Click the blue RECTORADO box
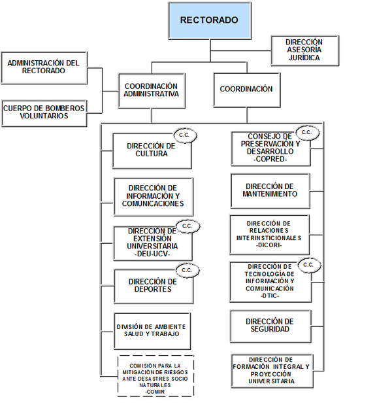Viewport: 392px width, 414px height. coord(210,20)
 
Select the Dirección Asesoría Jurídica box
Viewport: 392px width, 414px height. coord(305,50)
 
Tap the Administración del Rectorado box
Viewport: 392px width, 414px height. coord(44,68)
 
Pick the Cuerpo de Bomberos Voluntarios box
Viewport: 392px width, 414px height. coord(44,113)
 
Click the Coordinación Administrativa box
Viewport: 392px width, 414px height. coord(152,90)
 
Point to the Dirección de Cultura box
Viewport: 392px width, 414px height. coord(152,151)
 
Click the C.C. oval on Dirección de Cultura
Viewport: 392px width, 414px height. coord(185,135)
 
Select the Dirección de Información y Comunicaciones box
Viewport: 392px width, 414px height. coord(154,197)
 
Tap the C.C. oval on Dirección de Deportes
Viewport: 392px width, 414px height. coord(188,270)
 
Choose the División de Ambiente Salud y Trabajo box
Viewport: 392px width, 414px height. coord(152,331)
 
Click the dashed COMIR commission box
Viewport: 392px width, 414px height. coord(155,375)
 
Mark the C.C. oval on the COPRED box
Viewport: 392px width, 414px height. coord(307,133)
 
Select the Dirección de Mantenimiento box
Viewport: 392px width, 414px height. coord(270,191)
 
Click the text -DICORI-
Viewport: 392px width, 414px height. coord(269,245)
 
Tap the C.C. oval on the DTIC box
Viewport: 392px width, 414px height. coord(309,265)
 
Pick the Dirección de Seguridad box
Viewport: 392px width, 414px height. coord(270,326)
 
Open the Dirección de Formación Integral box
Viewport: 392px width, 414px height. coord(272,371)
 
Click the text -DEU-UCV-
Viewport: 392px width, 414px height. coord(152,254)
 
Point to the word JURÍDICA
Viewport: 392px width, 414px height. coord(304,58)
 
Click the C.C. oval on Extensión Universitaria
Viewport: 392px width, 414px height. coord(188,226)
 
